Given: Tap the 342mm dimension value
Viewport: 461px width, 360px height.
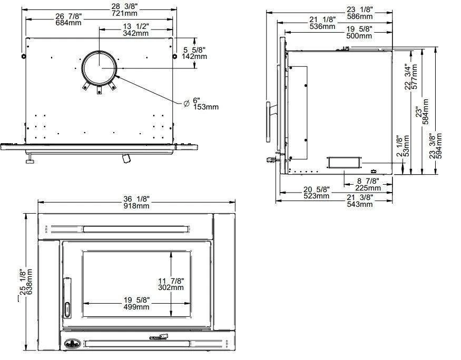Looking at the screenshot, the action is coord(135,33).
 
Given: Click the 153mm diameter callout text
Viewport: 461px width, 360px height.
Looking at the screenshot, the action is coord(205,107).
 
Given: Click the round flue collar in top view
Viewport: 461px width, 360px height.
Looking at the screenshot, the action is coord(100,68).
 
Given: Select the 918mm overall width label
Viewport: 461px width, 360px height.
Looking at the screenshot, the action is coord(137,206).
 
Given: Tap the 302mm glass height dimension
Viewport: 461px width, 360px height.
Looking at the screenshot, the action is coord(171,287).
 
